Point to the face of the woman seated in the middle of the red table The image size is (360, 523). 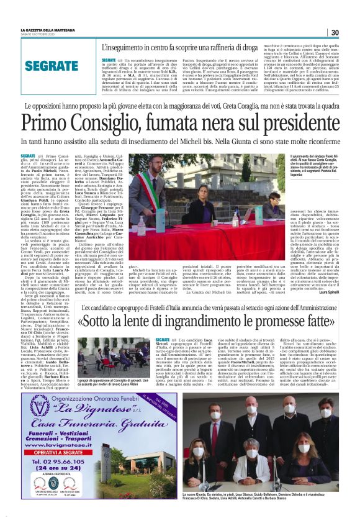[x=233, y=186]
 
